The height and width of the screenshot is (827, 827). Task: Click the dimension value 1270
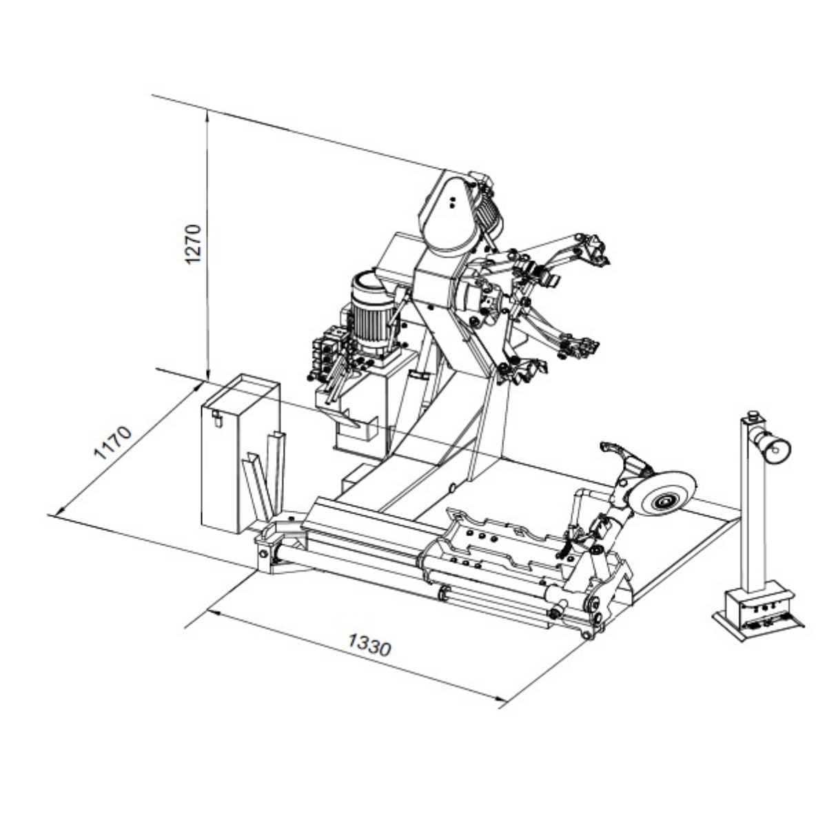[194, 244]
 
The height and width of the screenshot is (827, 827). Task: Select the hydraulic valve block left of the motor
[327, 350]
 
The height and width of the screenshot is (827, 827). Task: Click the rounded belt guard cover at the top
[449, 214]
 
